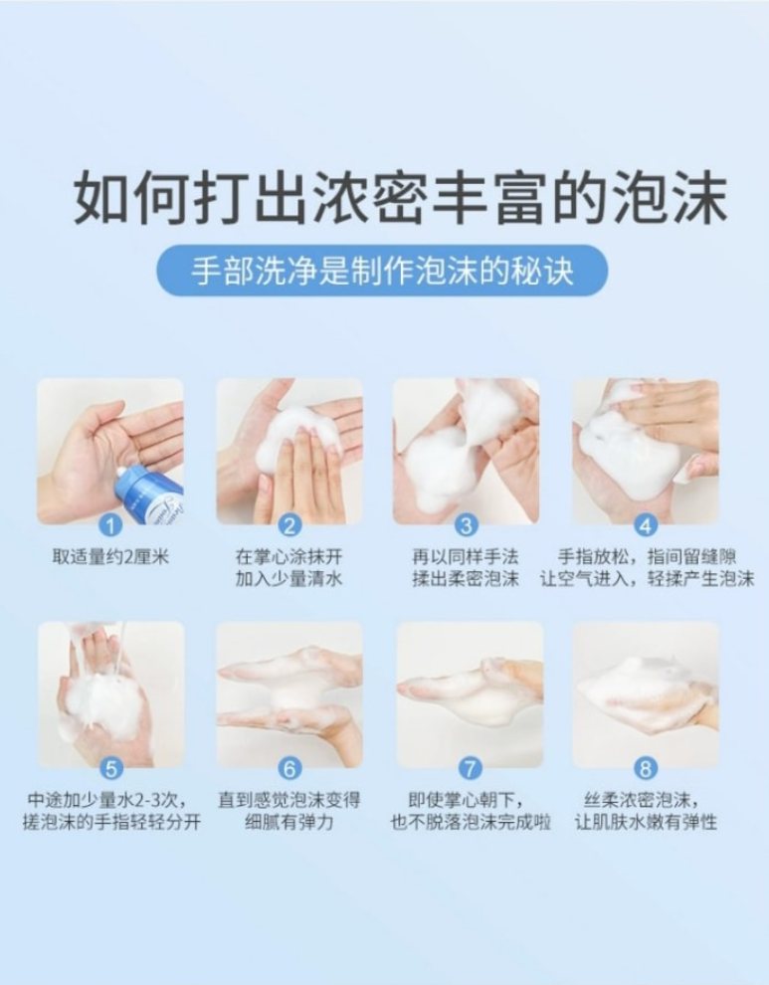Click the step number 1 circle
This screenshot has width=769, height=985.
[110, 525]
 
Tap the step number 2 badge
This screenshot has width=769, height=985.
[289, 525]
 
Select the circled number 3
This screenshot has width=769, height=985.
[466, 525]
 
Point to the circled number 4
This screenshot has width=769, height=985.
[646, 525]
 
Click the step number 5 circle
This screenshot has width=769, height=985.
[110, 768]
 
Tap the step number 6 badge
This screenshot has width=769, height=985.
[289, 768]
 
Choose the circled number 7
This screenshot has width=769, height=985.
[470, 768]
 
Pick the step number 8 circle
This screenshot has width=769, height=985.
[646, 768]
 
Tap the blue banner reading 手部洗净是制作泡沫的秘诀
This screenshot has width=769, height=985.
[382, 271]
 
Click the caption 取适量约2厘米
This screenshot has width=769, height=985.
[110, 557]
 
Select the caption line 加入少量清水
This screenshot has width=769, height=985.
[289, 578]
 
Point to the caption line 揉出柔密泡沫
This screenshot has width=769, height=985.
[466, 578]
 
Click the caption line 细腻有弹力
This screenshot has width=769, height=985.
[289, 821]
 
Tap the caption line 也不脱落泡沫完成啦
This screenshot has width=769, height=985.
[471, 821]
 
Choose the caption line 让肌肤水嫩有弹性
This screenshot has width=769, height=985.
[646, 821]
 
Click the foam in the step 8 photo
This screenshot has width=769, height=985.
[642, 691]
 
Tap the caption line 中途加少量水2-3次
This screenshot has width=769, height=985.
[107, 800]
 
